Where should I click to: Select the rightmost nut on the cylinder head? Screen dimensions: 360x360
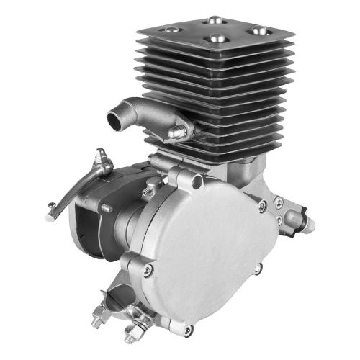click(x=256, y=32)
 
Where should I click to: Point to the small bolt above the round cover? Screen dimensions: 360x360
click(x=149, y=192)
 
